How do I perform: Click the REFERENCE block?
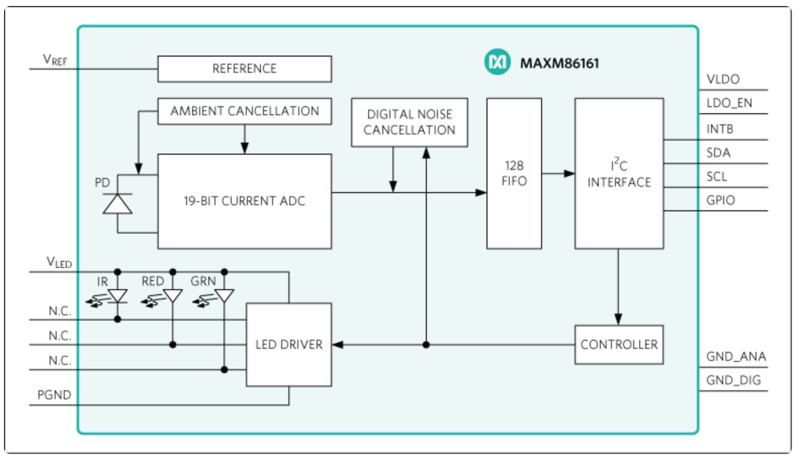click(245, 69)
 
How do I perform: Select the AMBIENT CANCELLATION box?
click(245, 111)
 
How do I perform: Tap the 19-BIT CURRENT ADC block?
click(245, 201)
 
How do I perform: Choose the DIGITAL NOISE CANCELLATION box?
click(410, 122)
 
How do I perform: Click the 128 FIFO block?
click(514, 173)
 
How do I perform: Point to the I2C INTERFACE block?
click(619, 173)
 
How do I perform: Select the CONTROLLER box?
click(619, 344)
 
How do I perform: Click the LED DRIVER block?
click(289, 344)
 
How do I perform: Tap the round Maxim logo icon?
click(497, 62)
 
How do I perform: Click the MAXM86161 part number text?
click(560, 63)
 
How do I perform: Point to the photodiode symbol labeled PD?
click(117, 204)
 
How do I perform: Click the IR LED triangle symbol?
click(117, 296)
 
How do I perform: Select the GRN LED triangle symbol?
click(225, 296)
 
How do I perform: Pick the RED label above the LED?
click(153, 281)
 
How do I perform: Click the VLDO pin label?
click(723, 79)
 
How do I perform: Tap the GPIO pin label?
click(720, 200)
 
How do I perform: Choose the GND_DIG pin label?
click(733, 380)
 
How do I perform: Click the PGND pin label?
click(54, 394)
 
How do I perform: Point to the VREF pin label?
click(55, 60)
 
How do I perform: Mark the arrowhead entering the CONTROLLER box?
click(618, 319)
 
